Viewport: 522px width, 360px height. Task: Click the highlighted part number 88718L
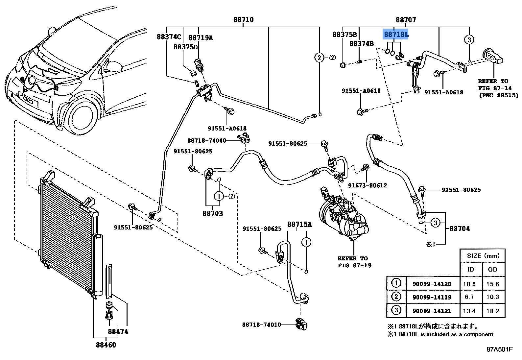pyautogui.click(x=396, y=34)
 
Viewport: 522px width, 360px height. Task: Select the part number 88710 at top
pyautogui.click(x=243, y=20)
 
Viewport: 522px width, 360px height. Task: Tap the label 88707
pyautogui.click(x=406, y=20)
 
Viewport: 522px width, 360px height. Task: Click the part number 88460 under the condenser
pyautogui.click(x=106, y=345)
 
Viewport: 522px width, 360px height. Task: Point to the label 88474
pyautogui.click(x=118, y=331)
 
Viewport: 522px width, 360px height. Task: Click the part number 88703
pyautogui.click(x=213, y=213)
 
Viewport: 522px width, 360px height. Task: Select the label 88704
pyautogui.click(x=460, y=228)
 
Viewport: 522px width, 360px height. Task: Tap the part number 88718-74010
pyautogui.click(x=261, y=324)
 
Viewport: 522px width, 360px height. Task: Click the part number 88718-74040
pyautogui.click(x=207, y=140)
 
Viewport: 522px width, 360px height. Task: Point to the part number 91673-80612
pyautogui.click(x=368, y=185)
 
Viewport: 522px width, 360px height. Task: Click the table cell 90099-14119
pyautogui.click(x=432, y=297)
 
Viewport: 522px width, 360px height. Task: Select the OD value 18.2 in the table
pyautogui.click(x=492, y=311)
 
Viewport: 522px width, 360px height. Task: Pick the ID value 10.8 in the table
pyautogui.click(x=469, y=284)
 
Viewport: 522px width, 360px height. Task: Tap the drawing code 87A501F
pyautogui.click(x=499, y=349)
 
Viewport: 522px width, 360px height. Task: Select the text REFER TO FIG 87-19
pyautogui.click(x=354, y=262)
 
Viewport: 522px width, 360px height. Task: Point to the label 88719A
pyautogui.click(x=201, y=38)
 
